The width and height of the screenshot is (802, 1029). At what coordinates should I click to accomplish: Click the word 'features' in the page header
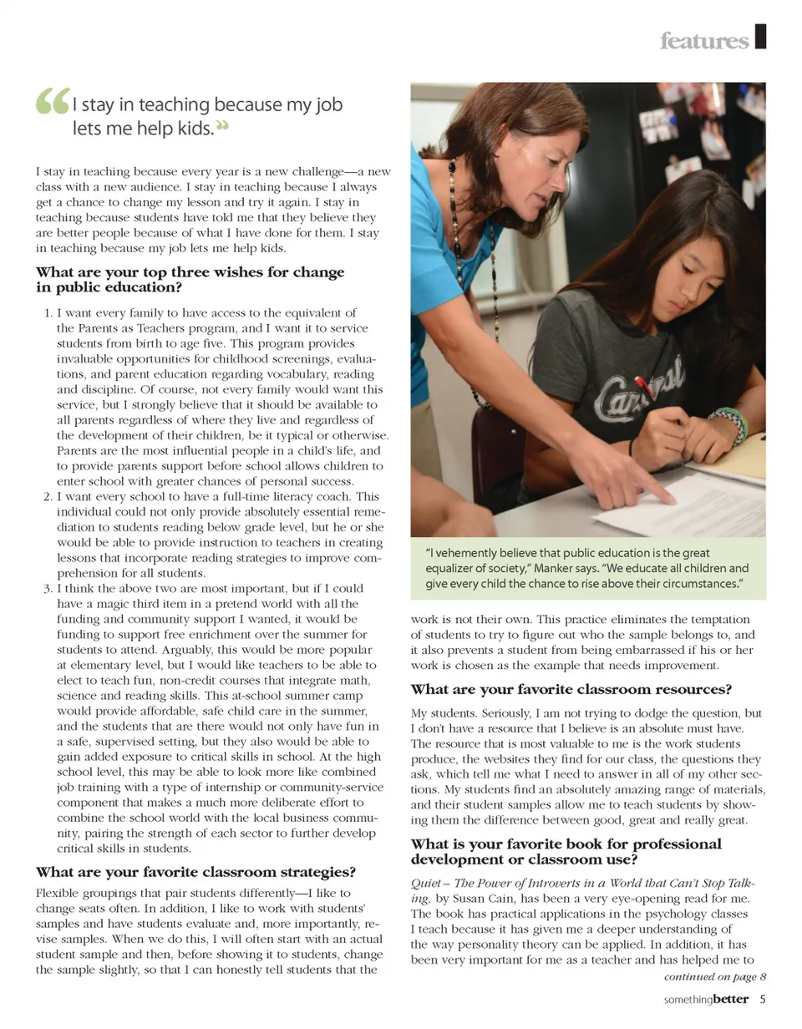(703, 41)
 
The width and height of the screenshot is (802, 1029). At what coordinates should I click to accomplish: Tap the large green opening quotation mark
(53, 104)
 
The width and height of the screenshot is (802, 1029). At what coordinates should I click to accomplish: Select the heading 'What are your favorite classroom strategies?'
(196, 872)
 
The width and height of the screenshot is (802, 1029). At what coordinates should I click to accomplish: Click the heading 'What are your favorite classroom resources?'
(571, 690)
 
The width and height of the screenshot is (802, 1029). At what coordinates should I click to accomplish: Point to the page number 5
(763, 998)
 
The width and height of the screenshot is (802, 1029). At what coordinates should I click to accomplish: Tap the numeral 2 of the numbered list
(48, 496)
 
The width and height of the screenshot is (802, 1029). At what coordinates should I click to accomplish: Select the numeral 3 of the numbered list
(48, 589)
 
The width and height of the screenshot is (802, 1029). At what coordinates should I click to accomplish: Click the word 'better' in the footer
(732, 998)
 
